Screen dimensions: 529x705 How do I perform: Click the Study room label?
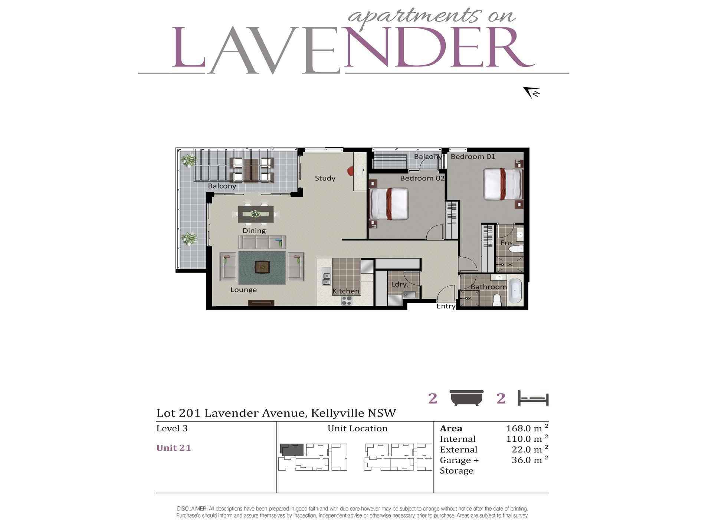pyautogui.click(x=325, y=178)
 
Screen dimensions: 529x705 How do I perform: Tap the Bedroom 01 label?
pyautogui.click(x=473, y=157)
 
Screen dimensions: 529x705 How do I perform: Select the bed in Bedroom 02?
pyautogui.click(x=389, y=204)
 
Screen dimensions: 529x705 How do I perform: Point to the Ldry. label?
pyautogui.click(x=400, y=284)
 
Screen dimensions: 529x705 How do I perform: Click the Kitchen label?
pyautogui.click(x=346, y=291)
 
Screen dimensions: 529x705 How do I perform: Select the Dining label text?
pyautogui.click(x=254, y=231)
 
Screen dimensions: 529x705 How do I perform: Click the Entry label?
pyautogui.click(x=446, y=306)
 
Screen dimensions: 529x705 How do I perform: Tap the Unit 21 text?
pyautogui.click(x=174, y=448)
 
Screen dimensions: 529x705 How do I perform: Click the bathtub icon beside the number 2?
pyautogui.click(x=466, y=398)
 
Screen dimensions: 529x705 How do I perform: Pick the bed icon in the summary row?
pyautogui.click(x=533, y=398)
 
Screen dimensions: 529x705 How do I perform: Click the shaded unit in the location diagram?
pyautogui.click(x=292, y=450)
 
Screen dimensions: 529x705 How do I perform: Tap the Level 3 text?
pyautogui.click(x=172, y=428)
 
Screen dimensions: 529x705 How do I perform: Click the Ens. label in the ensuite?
pyautogui.click(x=507, y=243)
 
